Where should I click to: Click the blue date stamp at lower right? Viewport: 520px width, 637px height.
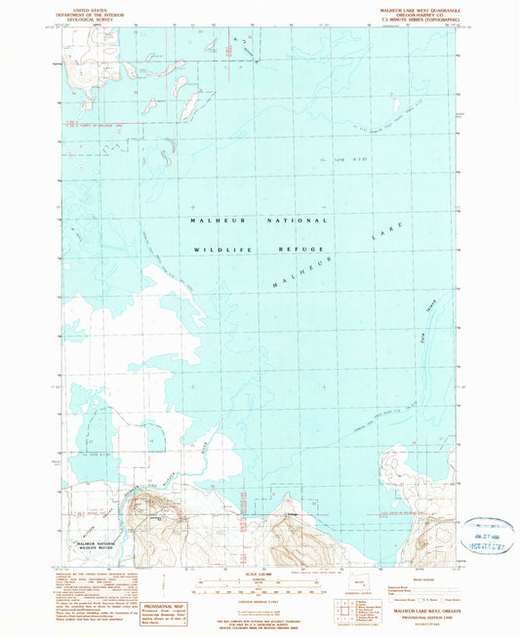[x=485, y=537]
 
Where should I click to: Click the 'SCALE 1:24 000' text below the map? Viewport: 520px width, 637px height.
[x=258, y=573]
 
